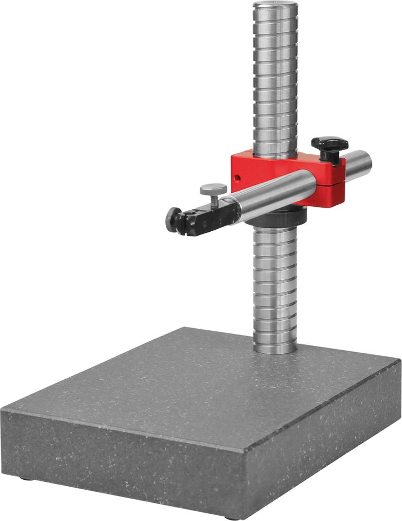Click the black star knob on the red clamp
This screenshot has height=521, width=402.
[x=330, y=144]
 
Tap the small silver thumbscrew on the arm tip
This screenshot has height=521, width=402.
[x=213, y=189]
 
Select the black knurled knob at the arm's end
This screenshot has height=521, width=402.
[x=173, y=218]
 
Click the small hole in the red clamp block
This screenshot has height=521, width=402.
[x=238, y=178]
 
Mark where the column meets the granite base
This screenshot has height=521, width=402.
[x=275, y=350]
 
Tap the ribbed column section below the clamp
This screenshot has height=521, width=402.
[x=275, y=287]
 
